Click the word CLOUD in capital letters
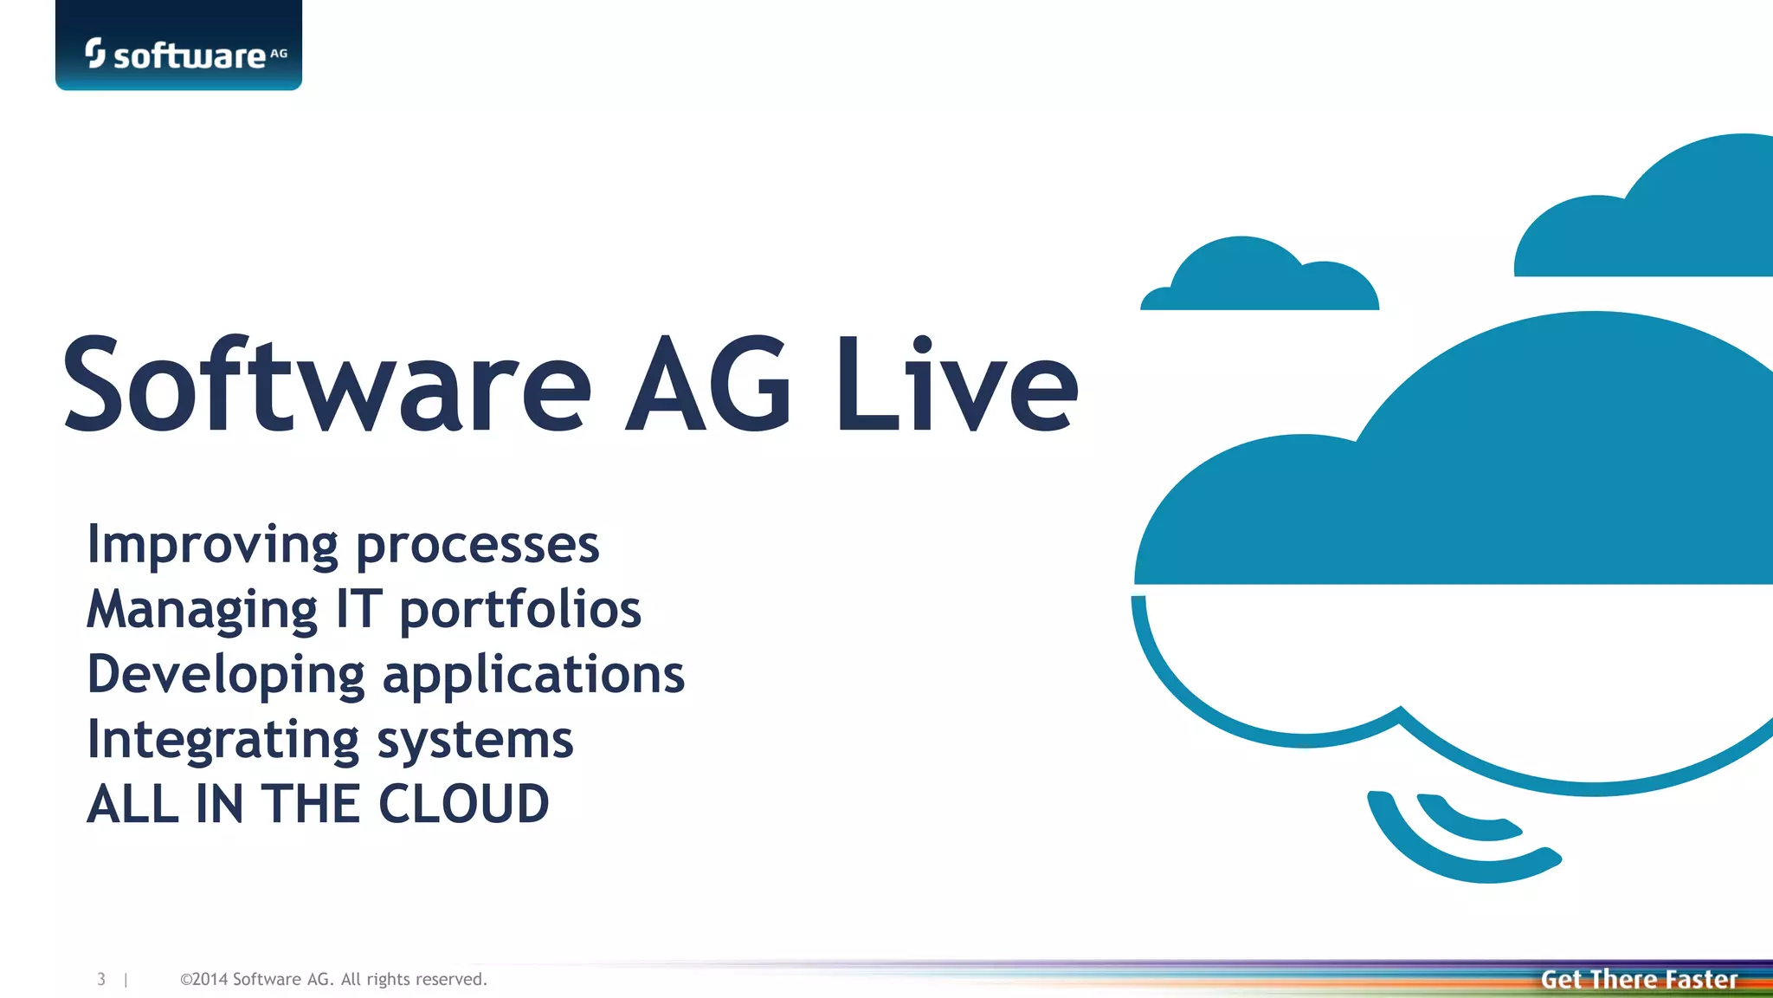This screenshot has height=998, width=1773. click(x=463, y=804)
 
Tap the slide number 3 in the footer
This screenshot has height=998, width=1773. click(x=101, y=979)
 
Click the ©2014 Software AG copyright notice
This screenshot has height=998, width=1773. click(x=333, y=979)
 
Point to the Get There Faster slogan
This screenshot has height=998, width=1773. click(x=1639, y=979)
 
